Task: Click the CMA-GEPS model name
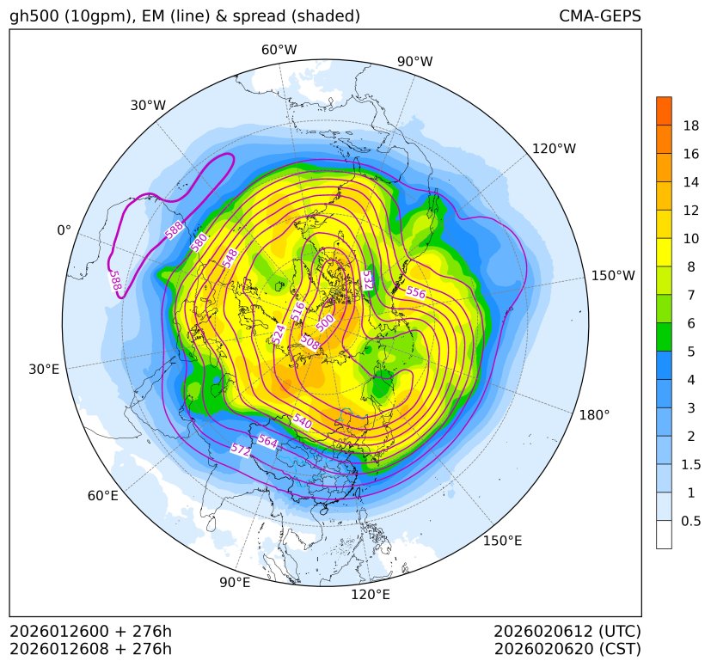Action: [599, 16]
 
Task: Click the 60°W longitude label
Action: [279, 50]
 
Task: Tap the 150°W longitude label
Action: [613, 276]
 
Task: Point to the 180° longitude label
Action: [594, 414]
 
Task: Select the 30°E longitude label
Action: [44, 370]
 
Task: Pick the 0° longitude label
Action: [64, 230]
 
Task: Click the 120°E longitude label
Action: [371, 594]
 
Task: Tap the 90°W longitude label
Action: [415, 61]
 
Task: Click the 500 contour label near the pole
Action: [326, 321]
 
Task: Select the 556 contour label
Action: [416, 292]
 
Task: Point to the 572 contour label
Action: [241, 450]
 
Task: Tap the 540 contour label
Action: [301, 421]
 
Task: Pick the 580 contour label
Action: [199, 242]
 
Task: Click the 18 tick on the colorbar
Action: [691, 125]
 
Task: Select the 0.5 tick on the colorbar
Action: [691, 521]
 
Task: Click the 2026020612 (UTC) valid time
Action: [567, 631]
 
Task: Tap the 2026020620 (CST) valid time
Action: [567, 648]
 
